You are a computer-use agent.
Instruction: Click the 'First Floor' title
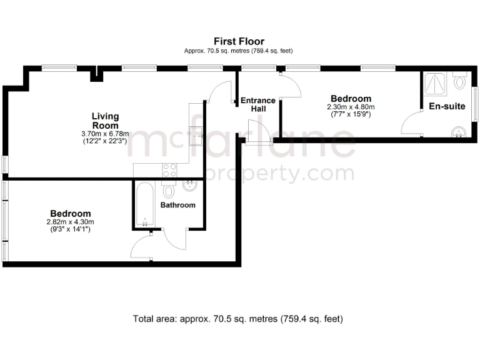point(239,42)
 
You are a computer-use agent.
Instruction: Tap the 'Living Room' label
point(105,121)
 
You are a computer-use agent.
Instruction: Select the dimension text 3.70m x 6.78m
point(105,134)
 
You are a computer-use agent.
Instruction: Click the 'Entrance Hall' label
point(258,104)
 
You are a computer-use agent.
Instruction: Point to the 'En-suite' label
point(446,106)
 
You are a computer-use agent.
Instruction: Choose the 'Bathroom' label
point(177,205)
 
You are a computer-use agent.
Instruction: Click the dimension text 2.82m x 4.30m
point(70,222)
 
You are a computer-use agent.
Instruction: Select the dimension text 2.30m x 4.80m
point(351,107)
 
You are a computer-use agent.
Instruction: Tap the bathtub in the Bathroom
point(145,205)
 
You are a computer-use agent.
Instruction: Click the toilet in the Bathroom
point(169,190)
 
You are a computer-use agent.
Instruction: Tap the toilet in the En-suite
point(461,81)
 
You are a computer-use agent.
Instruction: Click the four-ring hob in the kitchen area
point(169,170)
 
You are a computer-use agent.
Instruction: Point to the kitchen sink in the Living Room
point(196,131)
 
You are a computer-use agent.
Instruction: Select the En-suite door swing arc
point(411,124)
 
